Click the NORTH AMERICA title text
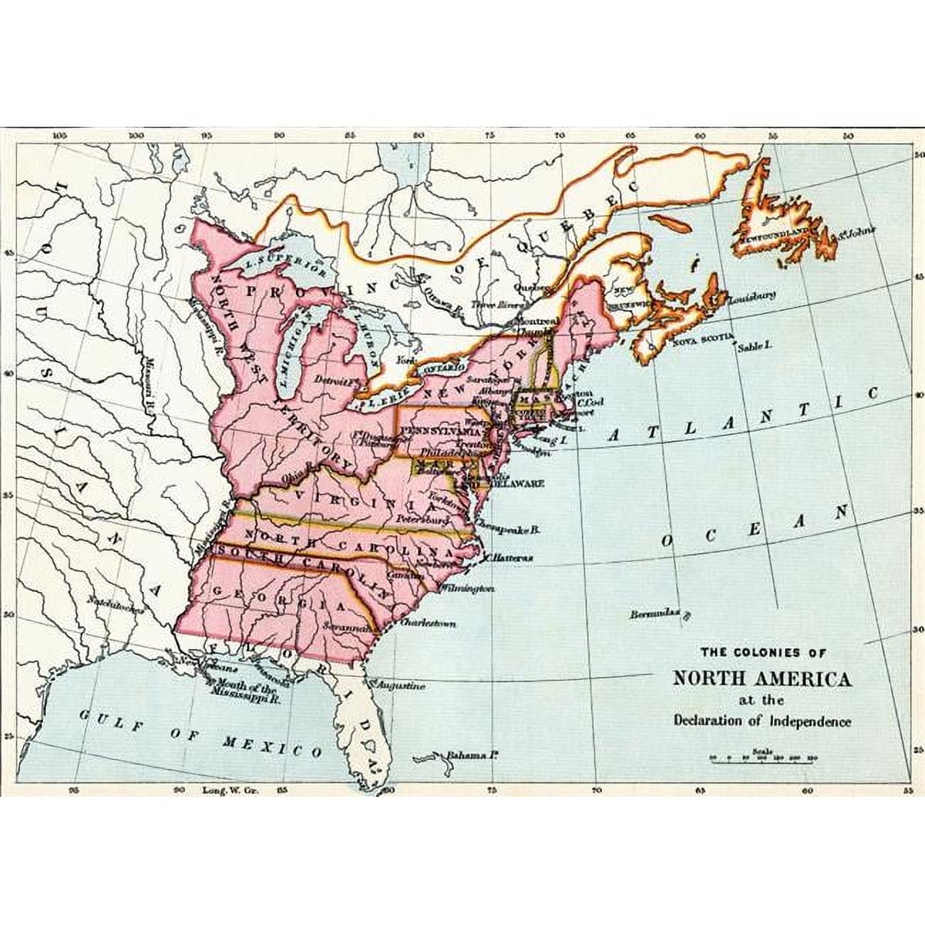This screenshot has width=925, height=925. (762, 677)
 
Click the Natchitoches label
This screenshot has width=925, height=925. (115, 603)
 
